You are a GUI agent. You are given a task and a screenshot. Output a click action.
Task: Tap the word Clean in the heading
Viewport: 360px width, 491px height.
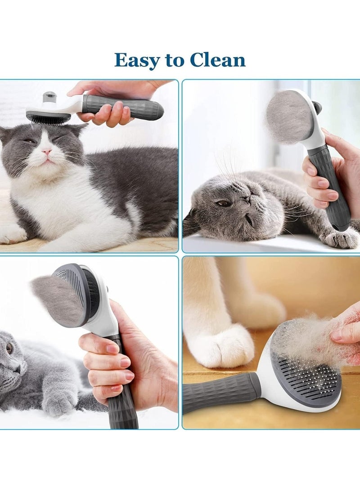coord(217,60)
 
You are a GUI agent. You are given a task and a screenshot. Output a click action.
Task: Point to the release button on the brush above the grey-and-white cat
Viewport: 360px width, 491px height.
coord(49,97)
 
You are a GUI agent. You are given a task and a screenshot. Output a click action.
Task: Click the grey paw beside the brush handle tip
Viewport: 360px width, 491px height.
coord(342,238)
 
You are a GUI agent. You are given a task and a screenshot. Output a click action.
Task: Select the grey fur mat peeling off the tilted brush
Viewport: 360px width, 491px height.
coord(56,299)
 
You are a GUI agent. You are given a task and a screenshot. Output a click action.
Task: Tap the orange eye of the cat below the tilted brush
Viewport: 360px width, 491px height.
coord(9,348)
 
